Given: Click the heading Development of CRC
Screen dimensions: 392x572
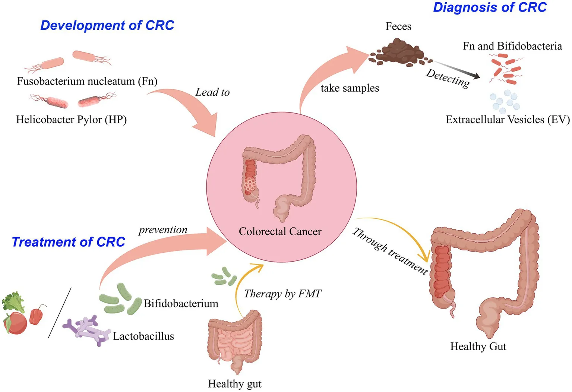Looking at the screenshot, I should (x=107, y=25).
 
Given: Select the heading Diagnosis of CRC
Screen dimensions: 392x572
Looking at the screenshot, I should (x=489, y=7).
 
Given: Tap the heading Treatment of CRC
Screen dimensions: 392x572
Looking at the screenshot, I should (x=68, y=242).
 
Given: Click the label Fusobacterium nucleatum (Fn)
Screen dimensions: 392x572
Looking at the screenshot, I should (x=87, y=81).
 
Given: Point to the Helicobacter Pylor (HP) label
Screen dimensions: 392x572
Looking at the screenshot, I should (x=71, y=120).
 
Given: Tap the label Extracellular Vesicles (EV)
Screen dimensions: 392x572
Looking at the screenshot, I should (x=508, y=120).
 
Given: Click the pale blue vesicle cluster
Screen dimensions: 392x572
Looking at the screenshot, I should (x=505, y=101).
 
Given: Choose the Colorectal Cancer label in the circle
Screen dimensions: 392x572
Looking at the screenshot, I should (x=280, y=232).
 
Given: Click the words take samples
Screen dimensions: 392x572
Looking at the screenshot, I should (x=350, y=88).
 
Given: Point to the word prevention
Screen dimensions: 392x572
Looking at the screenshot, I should (x=163, y=230).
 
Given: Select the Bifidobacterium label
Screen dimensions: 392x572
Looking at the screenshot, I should (x=181, y=304).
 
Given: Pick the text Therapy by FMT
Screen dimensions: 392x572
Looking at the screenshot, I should (x=282, y=294).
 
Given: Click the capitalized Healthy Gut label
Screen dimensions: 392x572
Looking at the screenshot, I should (x=478, y=347).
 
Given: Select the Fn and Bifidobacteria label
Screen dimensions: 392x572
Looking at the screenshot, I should (x=512, y=46).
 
